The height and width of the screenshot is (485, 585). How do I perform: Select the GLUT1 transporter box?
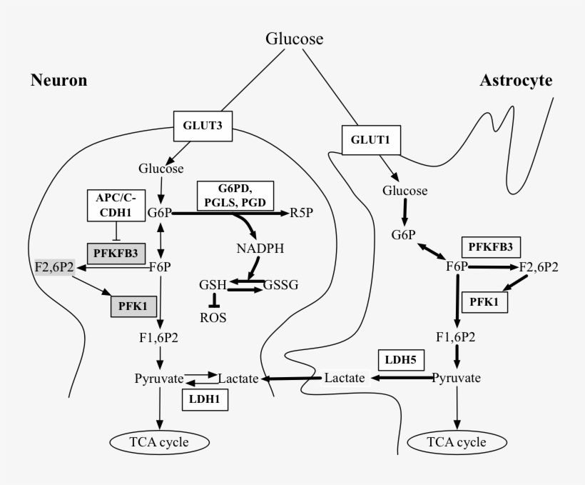click(371, 140)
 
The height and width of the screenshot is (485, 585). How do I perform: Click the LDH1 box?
click(205, 401)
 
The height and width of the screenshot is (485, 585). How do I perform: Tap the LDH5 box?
click(401, 359)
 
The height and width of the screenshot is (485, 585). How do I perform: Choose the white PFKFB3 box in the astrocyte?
click(492, 247)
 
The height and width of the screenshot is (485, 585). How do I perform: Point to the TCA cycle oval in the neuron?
click(159, 442)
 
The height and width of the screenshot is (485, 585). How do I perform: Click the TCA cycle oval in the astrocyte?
click(457, 442)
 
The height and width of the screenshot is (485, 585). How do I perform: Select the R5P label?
click(303, 213)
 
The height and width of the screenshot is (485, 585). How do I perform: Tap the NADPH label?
click(260, 249)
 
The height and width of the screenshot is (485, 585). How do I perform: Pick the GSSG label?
click(280, 284)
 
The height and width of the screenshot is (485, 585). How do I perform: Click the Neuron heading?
click(58, 80)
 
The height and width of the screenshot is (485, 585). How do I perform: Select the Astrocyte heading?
click(515, 80)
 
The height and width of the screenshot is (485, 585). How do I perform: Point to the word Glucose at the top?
click(295, 38)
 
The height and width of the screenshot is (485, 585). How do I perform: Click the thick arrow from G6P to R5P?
click(228, 213)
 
